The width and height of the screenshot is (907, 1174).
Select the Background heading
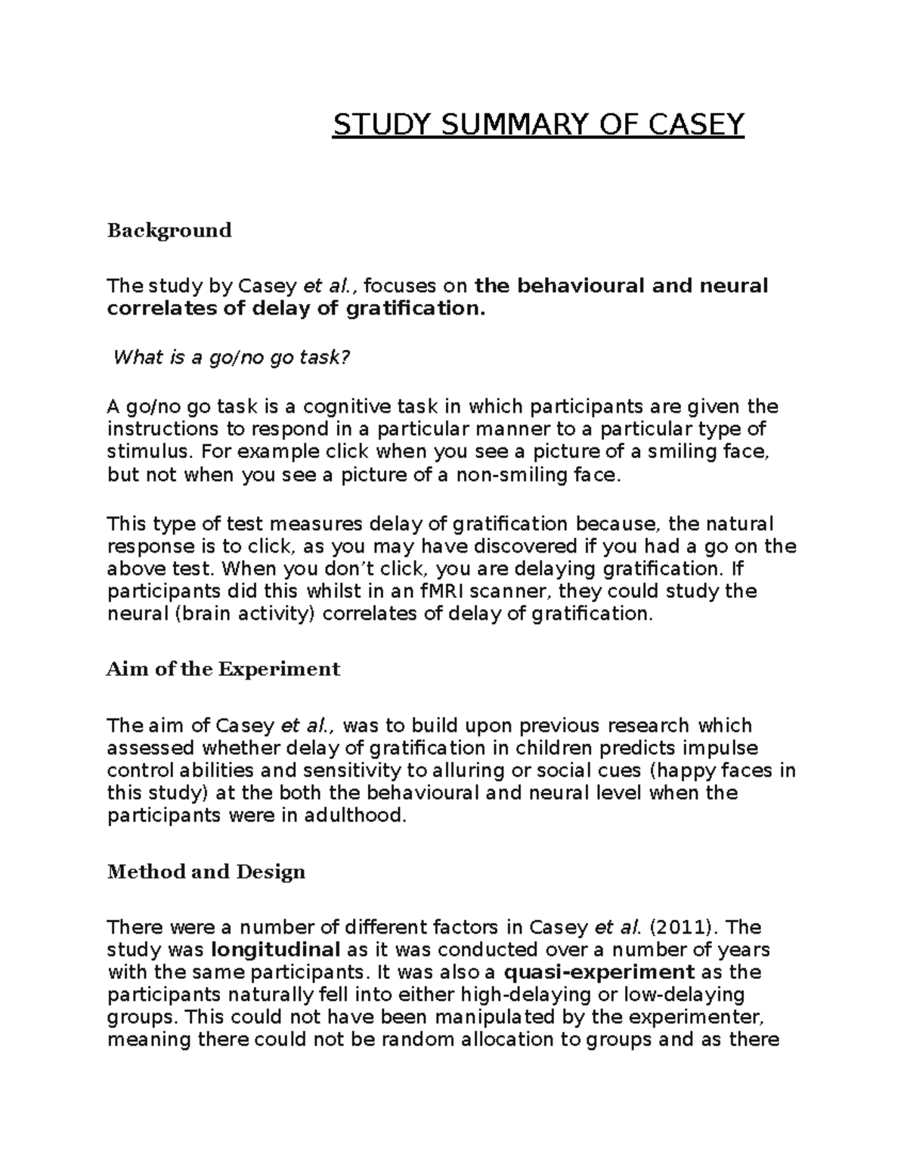(169, 230)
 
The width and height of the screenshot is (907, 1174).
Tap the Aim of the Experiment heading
(224, 669)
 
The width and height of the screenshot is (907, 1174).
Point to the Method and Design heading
(206, 872)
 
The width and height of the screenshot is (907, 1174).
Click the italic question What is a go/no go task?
(232, 358)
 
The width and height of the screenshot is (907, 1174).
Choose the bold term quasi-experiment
(599, 971)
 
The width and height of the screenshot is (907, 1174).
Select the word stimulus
(144, 452)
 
